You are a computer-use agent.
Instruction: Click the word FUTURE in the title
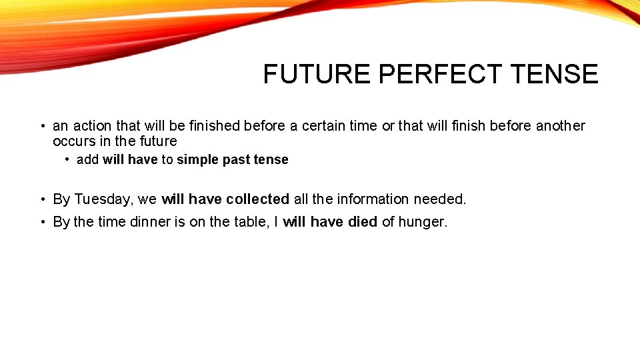pos(317,74)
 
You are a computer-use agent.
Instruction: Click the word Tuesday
pos(103,199)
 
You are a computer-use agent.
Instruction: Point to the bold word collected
pos(257,199)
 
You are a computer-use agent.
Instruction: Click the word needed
pos(440,199)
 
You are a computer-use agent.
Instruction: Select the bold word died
pos(362,222)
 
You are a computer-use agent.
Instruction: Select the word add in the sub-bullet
pos(88,160)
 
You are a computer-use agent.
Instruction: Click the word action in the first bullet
pos(92,126)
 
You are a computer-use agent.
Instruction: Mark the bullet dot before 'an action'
pos(41,126)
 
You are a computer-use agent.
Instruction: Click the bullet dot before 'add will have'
pos(68,160)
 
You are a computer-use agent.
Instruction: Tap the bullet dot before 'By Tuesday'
pos(41,199)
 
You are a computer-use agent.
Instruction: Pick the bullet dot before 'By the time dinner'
pos(41,222)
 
